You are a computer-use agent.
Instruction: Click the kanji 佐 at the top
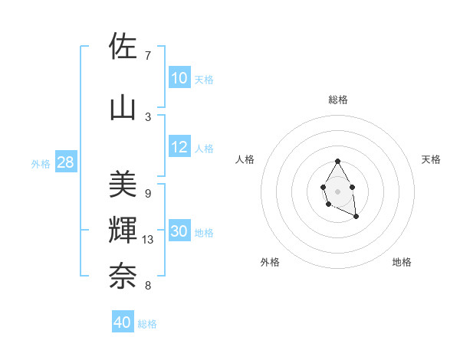click(x=123, y=47)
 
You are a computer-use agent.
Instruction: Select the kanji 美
click(x=123, y=184)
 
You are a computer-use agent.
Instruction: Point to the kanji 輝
click(x=123, y=230)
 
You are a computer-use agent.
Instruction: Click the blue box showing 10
click(x=179, y=78)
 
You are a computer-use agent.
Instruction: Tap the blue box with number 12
click(x=179, y=148)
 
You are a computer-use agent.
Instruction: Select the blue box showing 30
click(x=179, y=232)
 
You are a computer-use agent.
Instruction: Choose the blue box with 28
click(x=65, y=162)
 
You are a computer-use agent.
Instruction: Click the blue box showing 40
click(x=123, y=322)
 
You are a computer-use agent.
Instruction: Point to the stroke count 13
click(x=148, y=240)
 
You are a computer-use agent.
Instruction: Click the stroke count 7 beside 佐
click(x=148, y=56)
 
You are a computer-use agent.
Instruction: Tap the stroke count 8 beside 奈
click(x=148, y=286)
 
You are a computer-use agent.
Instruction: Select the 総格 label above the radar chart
click(x=337, y=100)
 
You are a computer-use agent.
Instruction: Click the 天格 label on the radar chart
click(x=431, y=159)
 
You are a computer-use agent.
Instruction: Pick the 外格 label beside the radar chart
click(x=270, y=262)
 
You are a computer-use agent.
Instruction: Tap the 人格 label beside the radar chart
click(x=245, y=159)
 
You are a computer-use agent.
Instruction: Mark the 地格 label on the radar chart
click(x=402, y=262)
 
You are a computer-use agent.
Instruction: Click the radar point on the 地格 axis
click(x=356, y=217)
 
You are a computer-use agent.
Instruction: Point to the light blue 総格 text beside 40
click(x=147, y=324)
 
